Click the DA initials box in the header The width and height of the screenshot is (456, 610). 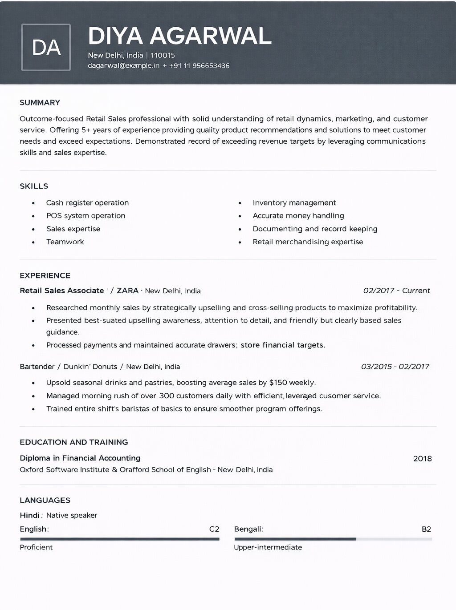46,47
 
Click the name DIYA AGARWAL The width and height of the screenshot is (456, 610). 179,36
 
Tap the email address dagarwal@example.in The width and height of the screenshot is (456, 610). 123,66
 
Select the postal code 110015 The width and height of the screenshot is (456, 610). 163,55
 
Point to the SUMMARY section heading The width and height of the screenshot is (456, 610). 40,102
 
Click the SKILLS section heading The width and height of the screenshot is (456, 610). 34,186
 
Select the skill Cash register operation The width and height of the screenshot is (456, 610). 87,202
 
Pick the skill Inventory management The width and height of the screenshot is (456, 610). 294,202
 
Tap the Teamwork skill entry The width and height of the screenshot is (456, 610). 65,242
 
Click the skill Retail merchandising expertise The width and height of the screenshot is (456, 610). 308,242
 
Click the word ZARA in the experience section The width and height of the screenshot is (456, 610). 127,291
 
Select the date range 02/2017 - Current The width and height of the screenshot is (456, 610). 396,291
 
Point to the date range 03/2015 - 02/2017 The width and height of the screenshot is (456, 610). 395,367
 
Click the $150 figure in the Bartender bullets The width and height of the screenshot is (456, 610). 278,383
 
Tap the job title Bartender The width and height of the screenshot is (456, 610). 37,367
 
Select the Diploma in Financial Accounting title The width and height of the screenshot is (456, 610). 80,458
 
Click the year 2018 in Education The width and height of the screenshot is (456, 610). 422,458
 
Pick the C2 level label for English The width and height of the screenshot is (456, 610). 214,529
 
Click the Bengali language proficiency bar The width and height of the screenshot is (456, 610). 333,539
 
